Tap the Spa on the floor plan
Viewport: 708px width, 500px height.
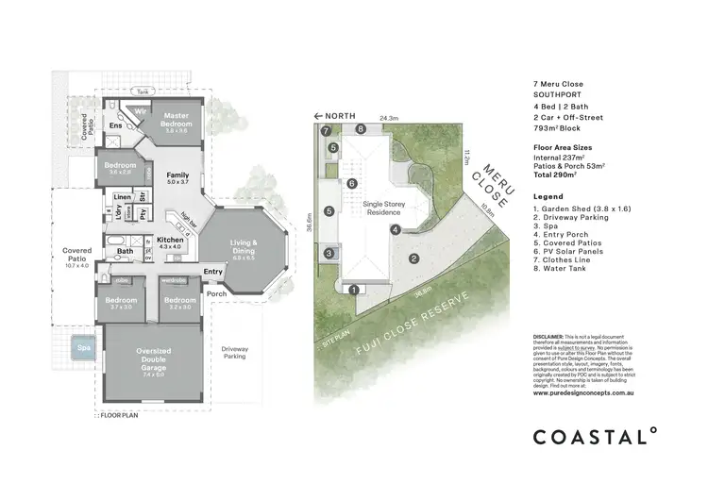[85, 348]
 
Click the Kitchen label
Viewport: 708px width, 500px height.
[169, 242]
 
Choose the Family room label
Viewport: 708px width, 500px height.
[177, 178]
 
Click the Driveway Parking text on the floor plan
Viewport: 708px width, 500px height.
[233, 353]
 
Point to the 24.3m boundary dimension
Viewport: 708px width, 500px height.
[388, 119]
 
